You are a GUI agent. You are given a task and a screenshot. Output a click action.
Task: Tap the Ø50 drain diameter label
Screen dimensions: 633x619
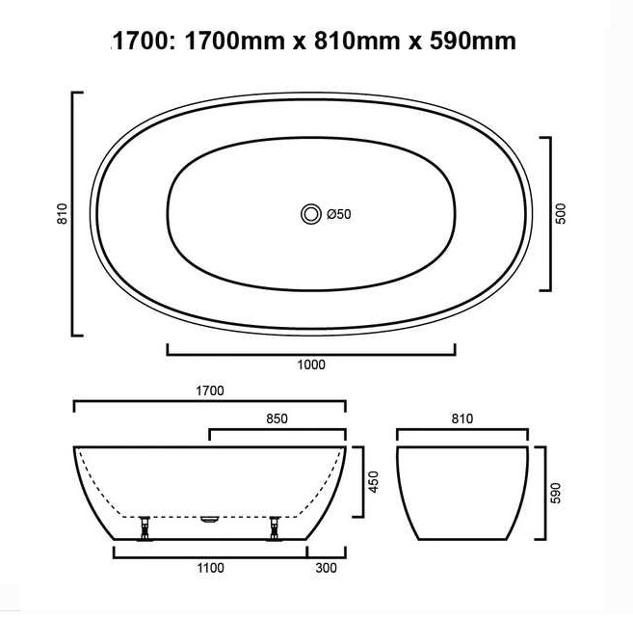pos(339,214)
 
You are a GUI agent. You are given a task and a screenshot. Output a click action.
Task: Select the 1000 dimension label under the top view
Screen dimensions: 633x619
pos(311,364)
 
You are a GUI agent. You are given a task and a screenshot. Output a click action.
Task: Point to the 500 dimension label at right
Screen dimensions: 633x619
pos(561,214)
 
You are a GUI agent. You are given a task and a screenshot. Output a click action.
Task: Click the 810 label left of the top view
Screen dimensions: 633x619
pos(63,214)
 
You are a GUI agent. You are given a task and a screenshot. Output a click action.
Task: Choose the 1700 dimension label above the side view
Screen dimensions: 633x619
pos(209,390)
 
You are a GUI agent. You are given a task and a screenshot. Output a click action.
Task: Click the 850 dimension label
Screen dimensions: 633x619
pos(277,418)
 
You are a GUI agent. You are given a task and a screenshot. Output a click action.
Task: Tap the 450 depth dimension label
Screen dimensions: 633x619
pos(374,482)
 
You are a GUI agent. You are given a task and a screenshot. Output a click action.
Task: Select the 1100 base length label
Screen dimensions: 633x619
pos(210,568)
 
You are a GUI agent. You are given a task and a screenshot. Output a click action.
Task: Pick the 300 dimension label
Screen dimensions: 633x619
pos(327,568)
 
